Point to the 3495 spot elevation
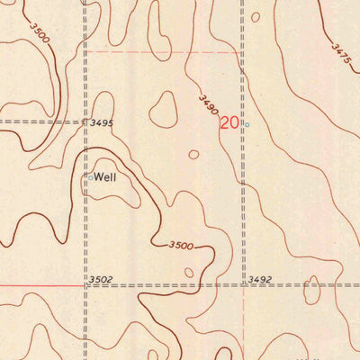[x=102, y=121]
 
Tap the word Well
[x=106, y=177]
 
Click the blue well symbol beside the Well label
[x=90, y=177]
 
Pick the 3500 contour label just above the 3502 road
[x=181, y=245]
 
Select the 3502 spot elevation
[x=100, y=281]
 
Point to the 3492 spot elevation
[x=260, y=280]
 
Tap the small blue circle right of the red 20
[x=247, y=124]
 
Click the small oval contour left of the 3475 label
[x=256, y=16]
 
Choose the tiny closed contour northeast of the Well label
[x=193, y=154]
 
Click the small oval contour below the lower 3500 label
[x=188, y=272]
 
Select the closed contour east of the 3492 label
[x=311, y=291]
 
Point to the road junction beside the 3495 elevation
[x=85, y=121]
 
